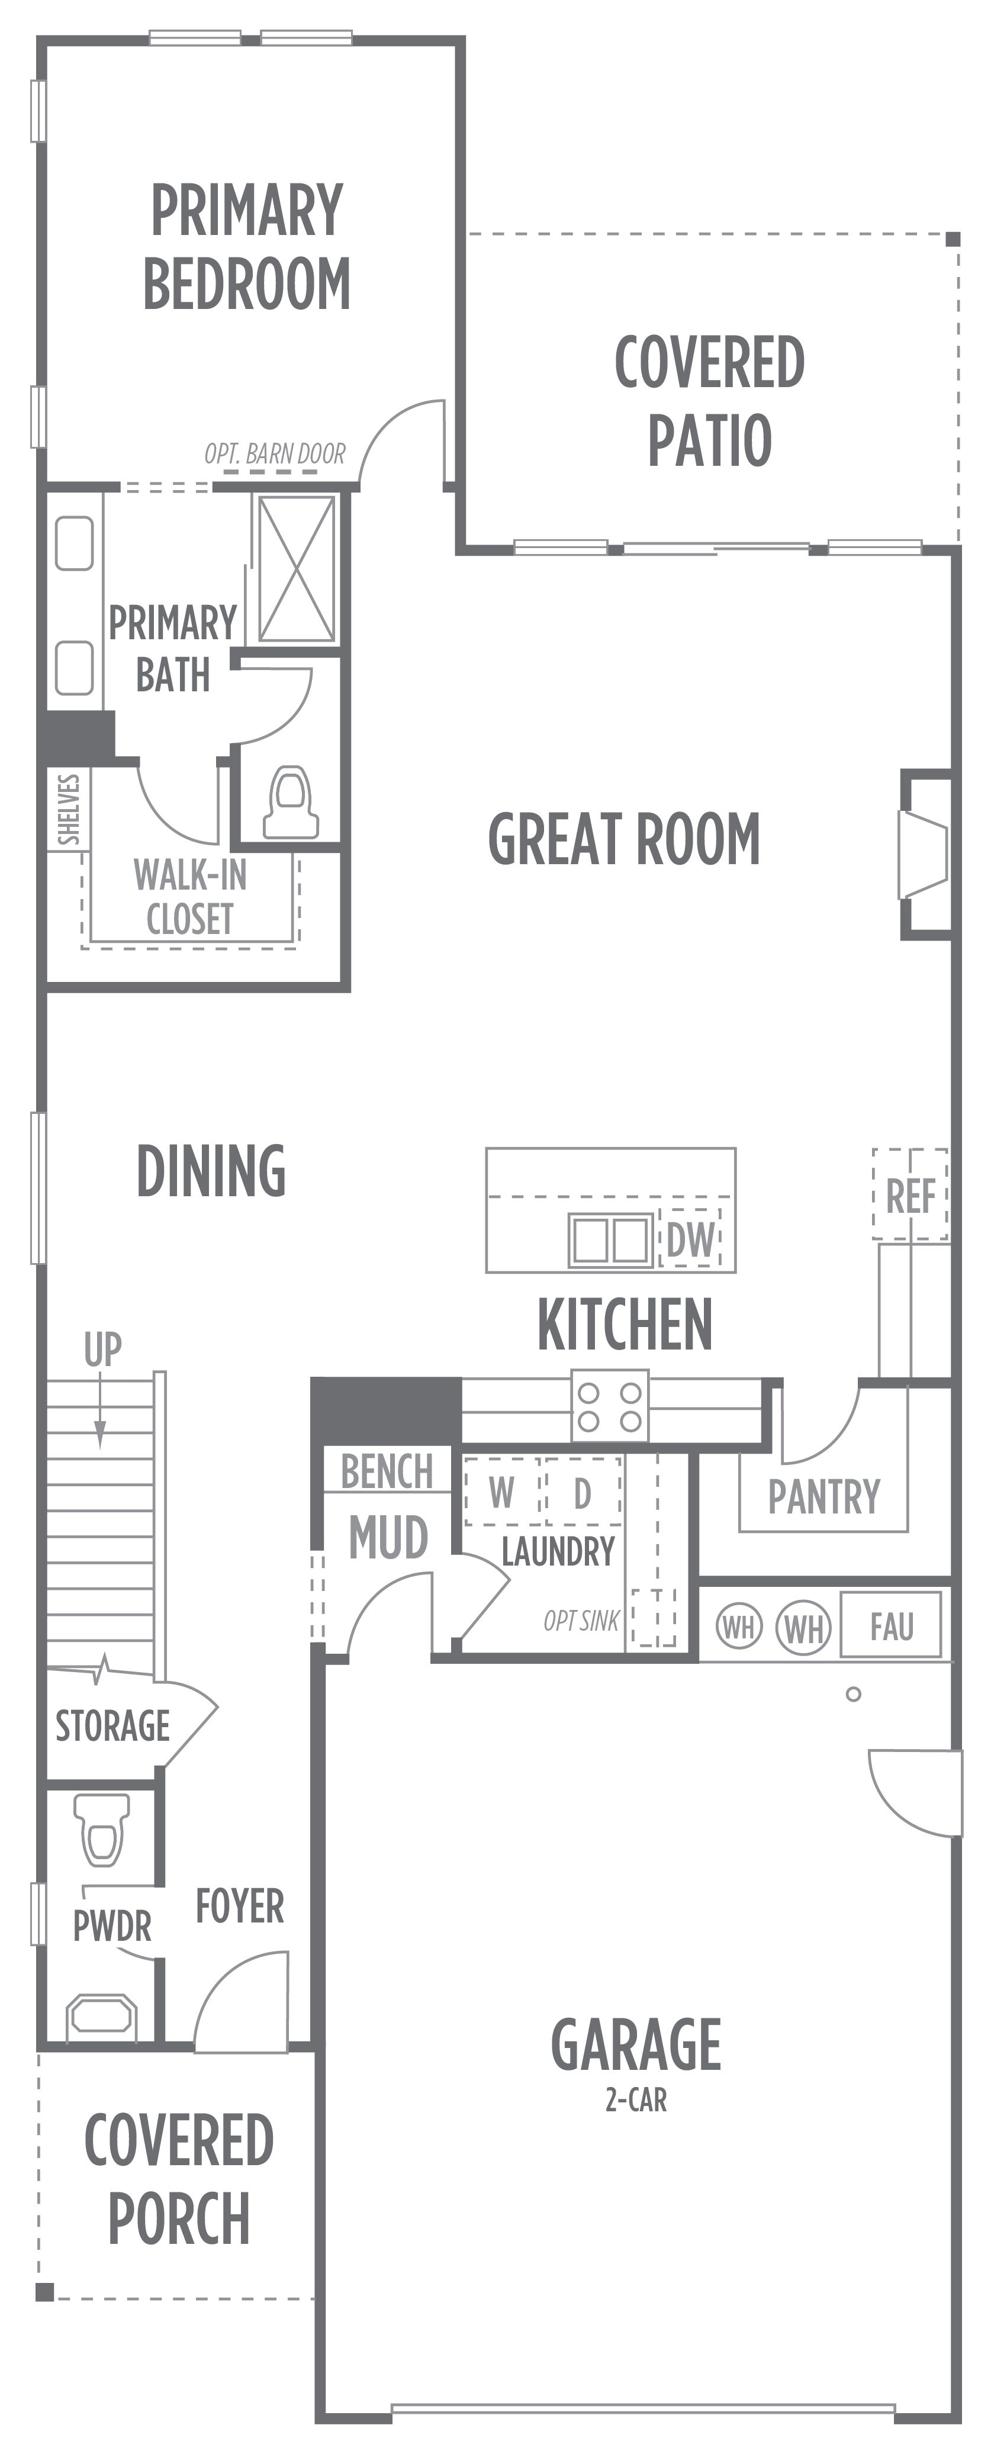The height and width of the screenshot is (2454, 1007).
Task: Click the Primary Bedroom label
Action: coord(247,247)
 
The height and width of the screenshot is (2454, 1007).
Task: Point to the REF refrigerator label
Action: coord(911,1196)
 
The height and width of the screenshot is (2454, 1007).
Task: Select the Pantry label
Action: coord(824,1496)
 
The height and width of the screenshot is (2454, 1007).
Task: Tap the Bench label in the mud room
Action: coord(387,1472)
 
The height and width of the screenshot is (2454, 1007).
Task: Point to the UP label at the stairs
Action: coord(103,1350)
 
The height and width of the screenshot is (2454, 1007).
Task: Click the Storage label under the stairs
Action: coord(112,1725)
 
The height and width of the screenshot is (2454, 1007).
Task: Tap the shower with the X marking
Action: coord(297,569)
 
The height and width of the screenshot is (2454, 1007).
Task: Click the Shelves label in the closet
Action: coord(69,810)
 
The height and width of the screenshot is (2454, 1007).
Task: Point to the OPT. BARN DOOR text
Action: coord(275,453)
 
